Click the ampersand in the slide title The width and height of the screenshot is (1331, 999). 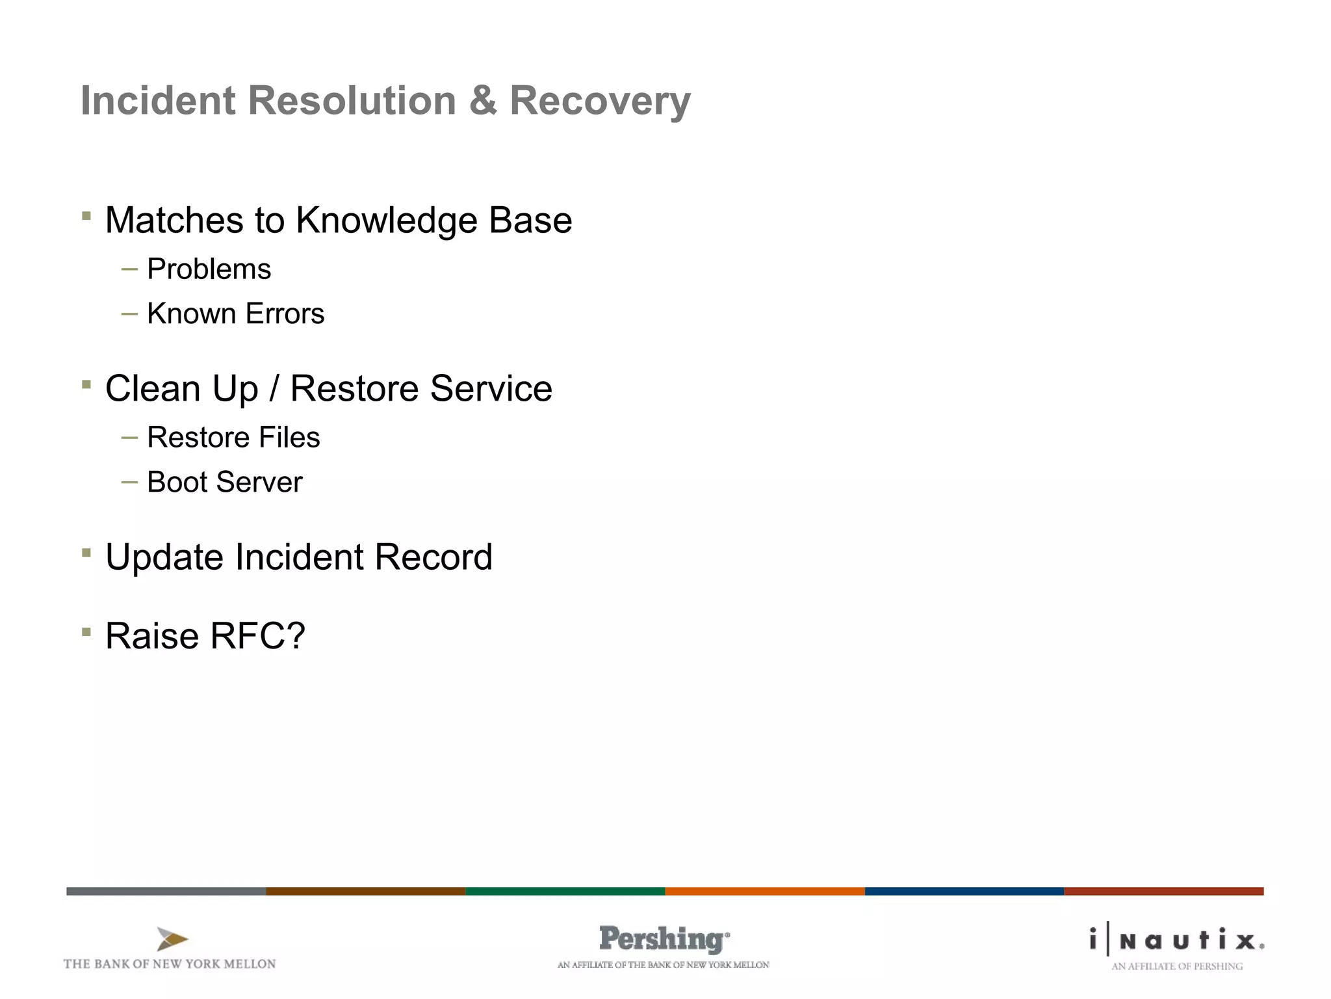point(483,101)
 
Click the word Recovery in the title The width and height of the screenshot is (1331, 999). point(599,101)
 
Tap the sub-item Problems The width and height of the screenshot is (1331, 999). point(209,269)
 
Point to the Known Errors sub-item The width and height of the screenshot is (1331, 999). point(235,314)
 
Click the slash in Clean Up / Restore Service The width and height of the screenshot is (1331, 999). point(274,389)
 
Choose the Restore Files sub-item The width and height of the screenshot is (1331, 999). point(233,438)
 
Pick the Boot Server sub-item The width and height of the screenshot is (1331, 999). point(224,483)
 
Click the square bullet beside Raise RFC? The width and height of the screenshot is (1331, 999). point(86,632)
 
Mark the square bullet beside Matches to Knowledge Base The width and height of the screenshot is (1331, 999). point(86,216)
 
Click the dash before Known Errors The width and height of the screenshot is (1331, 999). point(129,314)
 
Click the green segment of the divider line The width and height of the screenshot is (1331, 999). point(565,891)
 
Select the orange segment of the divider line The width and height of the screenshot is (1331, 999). point(764,891)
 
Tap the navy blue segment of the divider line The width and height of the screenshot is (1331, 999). point(964,891)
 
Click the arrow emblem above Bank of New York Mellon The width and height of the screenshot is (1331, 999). point(172,939)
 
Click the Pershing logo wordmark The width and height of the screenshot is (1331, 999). point(663,939)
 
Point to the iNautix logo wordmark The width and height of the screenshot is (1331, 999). point(1177,940)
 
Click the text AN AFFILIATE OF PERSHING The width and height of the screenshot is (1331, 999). point(1176,966)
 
